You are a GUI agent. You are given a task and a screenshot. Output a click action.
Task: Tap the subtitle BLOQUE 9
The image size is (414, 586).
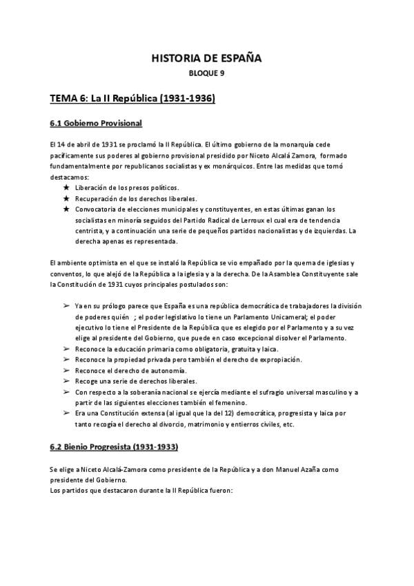[206, 73]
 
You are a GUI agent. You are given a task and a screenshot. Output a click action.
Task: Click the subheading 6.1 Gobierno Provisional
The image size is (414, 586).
[96, 123]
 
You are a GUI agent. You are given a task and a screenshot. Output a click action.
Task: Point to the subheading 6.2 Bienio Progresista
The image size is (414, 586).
[114, 446]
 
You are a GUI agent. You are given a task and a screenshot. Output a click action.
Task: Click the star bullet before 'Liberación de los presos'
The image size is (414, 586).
[66, 187]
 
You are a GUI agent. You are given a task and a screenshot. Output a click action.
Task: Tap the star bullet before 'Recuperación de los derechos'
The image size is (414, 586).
[66, 198]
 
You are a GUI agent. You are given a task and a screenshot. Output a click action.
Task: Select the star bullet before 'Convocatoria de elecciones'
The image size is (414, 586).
[66, 209]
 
